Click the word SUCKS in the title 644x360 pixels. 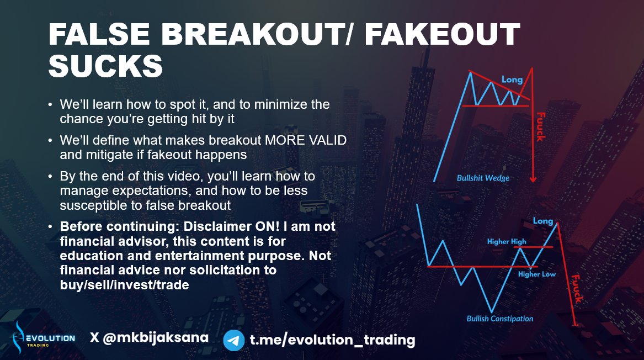point(105,66)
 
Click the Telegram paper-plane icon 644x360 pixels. point(234,340)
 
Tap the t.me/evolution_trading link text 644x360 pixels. point(333,340)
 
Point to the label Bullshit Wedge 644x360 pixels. point(483,178)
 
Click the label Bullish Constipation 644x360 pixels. point(500,319)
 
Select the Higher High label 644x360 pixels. point(507,242)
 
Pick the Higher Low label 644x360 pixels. point(537,274)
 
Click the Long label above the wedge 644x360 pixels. point(512,80)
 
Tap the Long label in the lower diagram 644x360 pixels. point(543,221)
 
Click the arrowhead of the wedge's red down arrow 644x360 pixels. point(533,179)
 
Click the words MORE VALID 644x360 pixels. point(306,140)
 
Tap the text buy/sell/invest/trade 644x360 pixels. point(125,285)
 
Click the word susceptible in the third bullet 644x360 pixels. point(93,205)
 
